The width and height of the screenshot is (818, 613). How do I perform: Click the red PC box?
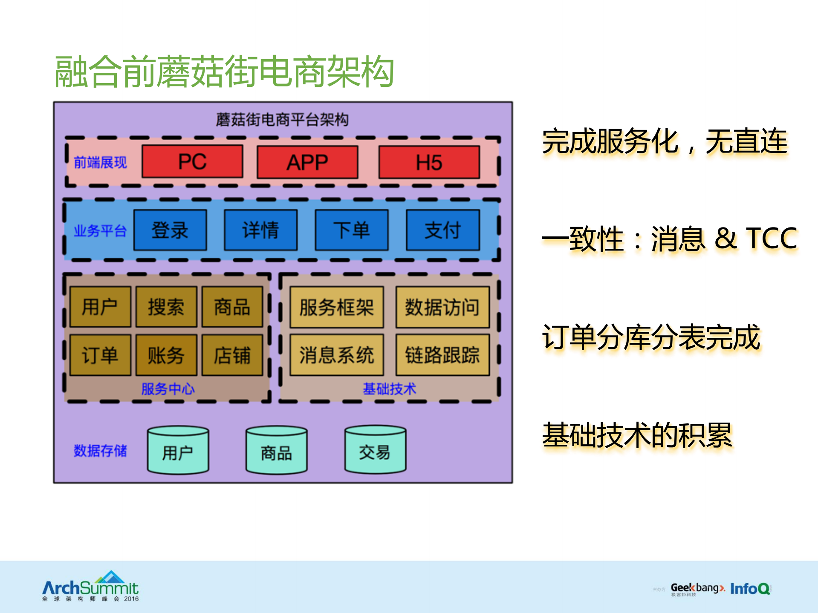(x=192, y=161)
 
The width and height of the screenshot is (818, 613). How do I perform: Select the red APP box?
(x=307, y=162)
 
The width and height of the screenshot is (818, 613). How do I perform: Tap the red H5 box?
(x=429, y=162)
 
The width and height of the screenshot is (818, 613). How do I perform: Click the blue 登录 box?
(x=170, y=230)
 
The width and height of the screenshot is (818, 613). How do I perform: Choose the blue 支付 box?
(x=442, y=230)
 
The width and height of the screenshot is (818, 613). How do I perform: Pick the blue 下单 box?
(x=352, y=230)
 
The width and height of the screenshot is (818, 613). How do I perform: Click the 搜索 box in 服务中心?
(x=166, y=307)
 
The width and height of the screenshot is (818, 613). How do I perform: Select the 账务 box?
(x=166, y=355)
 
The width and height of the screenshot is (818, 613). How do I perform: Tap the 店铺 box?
(x=232, y=355)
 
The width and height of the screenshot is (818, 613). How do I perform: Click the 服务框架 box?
(x=336, y=307)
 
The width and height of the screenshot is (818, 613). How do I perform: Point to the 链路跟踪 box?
(x=442, y=355)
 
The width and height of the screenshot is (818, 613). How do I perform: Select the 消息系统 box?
(x=336, y=355)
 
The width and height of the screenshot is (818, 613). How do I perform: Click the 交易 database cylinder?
(x=375, y=450)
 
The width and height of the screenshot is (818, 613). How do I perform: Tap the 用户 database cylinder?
(x=178, y=450)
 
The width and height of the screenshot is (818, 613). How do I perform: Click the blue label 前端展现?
(x=100, y=162)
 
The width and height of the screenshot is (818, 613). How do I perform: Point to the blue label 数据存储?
(x=100, y=450)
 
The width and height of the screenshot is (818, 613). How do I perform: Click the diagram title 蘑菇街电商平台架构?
(x=282, y=120)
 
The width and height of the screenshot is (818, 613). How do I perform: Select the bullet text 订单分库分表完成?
(x=651, y=337)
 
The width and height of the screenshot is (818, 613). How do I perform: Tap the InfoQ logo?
(x=750, y=589)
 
